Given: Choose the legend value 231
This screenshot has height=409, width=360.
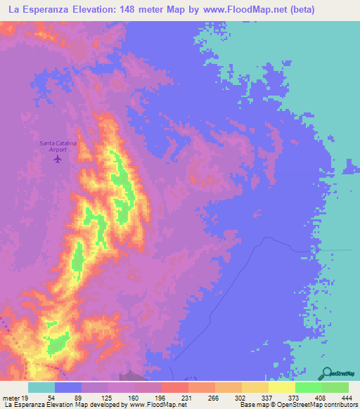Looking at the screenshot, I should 174,398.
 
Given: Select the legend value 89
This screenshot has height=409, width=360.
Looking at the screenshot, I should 67,398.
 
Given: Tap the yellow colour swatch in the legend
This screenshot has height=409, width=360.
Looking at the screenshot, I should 281,387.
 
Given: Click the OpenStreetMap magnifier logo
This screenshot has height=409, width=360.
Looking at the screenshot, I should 327,374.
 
